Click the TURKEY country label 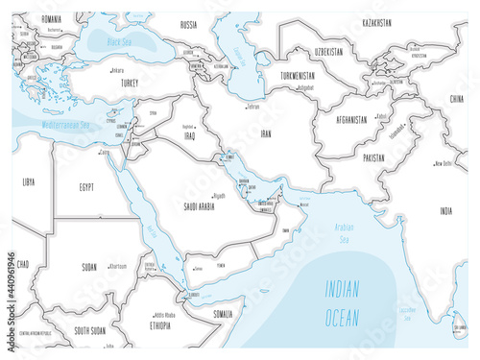pos(129,84)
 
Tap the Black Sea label pos(125,43)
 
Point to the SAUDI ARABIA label pos(193,205)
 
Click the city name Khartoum pos(116,267)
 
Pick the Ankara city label pos(117,69)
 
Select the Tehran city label pos(253,107)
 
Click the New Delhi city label pos(444,163)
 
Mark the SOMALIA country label pos(222,314)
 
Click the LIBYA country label pos(30,180)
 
